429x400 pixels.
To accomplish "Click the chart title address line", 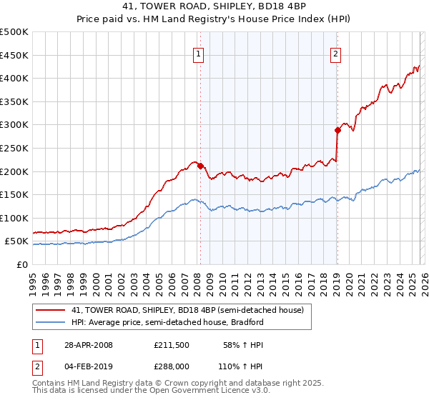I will (214, 6).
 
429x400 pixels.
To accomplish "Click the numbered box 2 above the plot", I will (335, 52).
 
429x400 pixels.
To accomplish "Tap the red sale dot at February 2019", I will (337, 130).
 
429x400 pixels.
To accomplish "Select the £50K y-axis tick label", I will (16, 241).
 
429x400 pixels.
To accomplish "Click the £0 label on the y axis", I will (23, 265).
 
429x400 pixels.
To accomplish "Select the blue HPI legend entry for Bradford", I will (167, 322).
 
